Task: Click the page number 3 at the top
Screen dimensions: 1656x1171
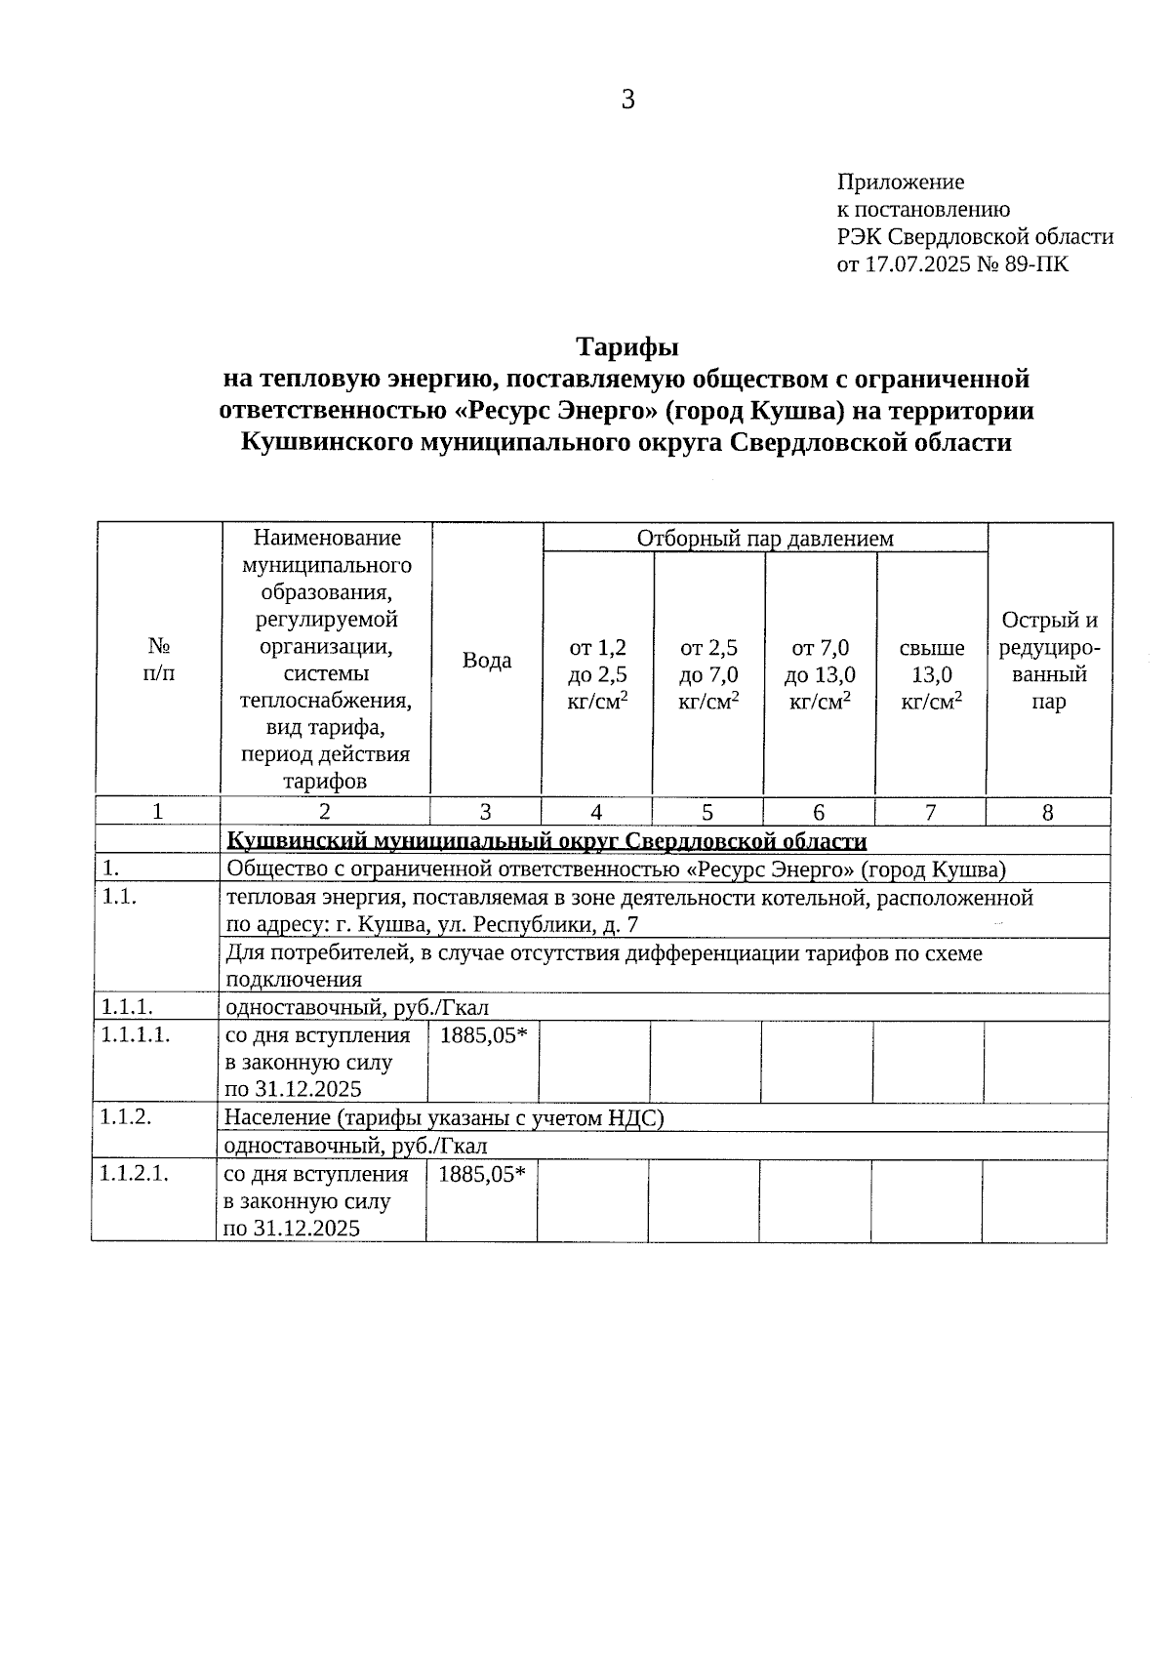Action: coord(627,100)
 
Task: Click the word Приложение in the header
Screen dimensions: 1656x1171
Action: coord(900,182)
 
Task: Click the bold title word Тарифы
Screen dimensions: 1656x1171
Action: coord(626,346)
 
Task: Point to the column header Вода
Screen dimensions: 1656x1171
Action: coord(486,661)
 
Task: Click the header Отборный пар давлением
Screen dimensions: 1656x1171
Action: coord(764,539)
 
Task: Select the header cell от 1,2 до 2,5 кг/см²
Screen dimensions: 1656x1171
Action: coord(597,674)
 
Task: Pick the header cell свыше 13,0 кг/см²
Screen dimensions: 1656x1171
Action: coord(931,674)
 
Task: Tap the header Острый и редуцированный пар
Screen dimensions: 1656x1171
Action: coord(1049,661)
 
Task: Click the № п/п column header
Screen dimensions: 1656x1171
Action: coord(159,660)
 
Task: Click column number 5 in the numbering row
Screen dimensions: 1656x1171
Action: coord(707,812)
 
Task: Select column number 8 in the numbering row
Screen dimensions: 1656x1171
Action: coord(1048,812)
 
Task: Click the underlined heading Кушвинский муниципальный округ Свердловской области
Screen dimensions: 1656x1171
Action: coord(546,841)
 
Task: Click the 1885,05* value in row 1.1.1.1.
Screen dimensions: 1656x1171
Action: coord(484,1035)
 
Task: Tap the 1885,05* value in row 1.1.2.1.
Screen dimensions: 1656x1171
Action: coord(482,1174)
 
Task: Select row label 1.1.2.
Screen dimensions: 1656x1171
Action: coord(126,1117)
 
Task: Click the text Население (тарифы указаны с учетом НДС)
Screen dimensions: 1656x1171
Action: coord(444,1118)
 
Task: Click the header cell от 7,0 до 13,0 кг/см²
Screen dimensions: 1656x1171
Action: coord(820,674)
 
